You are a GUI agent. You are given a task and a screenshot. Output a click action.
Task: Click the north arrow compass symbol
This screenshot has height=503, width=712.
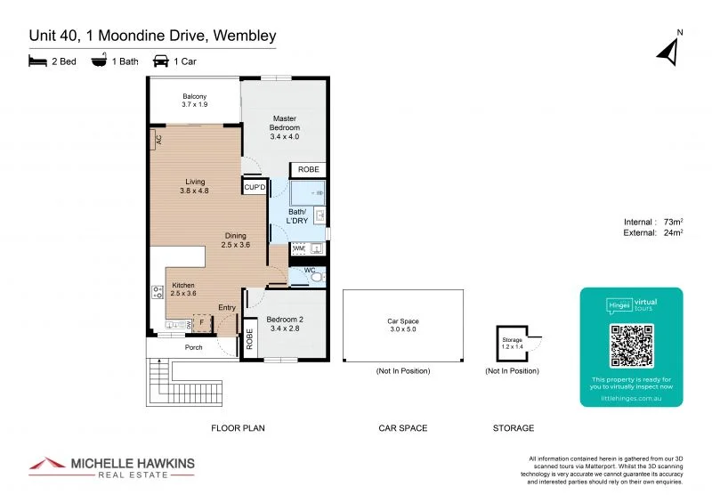click(668, 52)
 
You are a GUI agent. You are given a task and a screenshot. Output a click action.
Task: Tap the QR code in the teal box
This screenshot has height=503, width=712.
click(631, 346)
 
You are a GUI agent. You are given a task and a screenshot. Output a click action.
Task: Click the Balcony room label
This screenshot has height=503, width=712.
click(195, 101)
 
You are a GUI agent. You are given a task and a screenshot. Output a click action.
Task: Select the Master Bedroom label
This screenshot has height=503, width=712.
click(285, 127)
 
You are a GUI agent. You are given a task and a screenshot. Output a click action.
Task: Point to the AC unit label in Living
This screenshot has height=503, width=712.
click(158, 139)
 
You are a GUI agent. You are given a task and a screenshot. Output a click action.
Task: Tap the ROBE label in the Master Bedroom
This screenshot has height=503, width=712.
click(308, 169)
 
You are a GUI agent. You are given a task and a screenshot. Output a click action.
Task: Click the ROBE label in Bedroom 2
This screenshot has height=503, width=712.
click(249, 338)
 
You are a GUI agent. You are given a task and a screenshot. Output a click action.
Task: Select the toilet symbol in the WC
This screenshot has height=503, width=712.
click(315, 278)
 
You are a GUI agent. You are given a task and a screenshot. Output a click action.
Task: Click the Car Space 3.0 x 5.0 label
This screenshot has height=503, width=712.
click(402, 325)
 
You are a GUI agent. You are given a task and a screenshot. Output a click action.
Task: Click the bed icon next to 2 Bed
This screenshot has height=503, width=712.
click(38, 61)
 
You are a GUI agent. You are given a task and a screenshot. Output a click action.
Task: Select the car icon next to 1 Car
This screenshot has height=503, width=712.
click(162, 61)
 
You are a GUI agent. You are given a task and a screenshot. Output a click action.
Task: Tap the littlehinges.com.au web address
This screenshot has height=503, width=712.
click(631, 400)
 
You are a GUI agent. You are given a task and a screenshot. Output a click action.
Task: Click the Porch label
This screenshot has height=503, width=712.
click(193, 347)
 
